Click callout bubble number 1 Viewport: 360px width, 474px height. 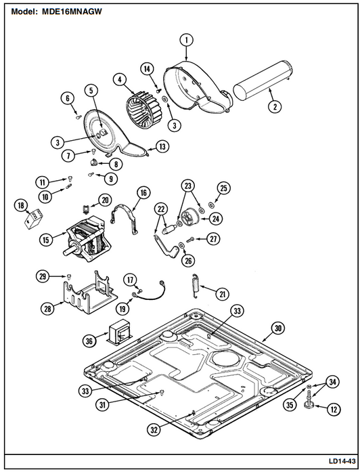[186, 40]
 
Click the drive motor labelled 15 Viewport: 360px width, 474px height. [87, 239]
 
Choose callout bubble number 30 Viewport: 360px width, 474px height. [278, 328]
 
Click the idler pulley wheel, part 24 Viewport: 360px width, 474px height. [190, 217]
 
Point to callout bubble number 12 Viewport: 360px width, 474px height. [334, 410]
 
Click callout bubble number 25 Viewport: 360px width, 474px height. [223, 188]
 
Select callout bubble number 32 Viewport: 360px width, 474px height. [154, 430]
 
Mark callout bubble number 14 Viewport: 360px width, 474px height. [147, 69]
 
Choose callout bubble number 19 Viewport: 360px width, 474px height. [122, 309]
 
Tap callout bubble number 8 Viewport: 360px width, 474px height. [116, 165]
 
